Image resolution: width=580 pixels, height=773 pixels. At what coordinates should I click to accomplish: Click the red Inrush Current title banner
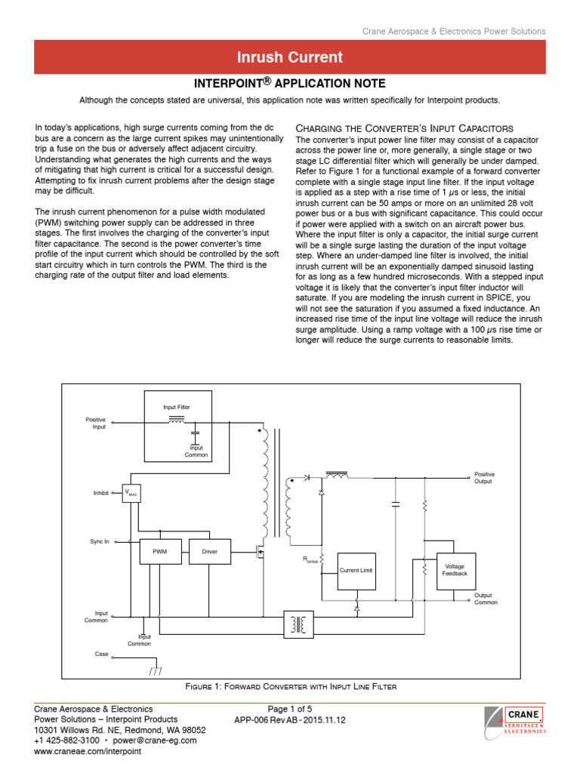(x=290, y=57)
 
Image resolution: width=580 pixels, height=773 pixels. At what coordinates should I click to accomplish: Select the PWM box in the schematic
(x=160, y=552)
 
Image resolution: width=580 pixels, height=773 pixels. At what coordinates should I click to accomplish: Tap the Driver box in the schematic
(x=209, y=552)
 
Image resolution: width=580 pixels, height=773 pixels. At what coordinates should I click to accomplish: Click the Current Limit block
(x=356, y=570)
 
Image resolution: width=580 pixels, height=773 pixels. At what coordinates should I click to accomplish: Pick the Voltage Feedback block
(x=455, y=569)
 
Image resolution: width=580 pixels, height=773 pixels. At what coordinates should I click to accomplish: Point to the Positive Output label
(x=484, y=478)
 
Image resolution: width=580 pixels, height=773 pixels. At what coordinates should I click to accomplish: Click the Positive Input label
(x=96, y=423)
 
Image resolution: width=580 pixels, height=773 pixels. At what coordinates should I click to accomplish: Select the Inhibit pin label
(x=101, y=493)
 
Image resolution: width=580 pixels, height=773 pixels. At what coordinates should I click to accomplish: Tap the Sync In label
(x=100, y=541)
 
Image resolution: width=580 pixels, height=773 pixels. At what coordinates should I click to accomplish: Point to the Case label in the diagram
(x=101, y=653)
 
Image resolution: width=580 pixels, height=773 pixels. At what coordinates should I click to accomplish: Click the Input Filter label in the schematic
(x=177, y=407)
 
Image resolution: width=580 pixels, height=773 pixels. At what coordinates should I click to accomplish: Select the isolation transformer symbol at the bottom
(x=299, y=624)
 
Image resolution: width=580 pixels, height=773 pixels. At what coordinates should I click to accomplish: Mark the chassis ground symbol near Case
(x=156, y=670)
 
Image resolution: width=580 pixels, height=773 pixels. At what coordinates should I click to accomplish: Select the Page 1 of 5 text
(x=290, y=709)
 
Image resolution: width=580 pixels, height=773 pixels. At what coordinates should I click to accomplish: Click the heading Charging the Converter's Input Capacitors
(x=404, y=128)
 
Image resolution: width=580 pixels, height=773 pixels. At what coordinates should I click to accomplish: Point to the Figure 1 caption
(x=291, y=686)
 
